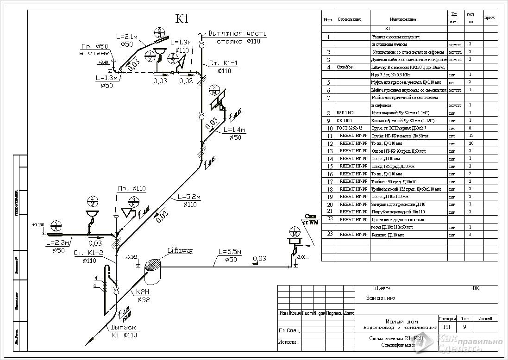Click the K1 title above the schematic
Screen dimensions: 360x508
pyautogui.click(x=182, y=19)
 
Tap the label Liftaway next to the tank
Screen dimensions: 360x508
pyautogui.click(x=180, y=251)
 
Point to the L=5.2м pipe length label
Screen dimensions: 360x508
pyautogui.click(x=189, y=197)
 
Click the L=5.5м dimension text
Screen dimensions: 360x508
pyautogui.click(x=230, y=252)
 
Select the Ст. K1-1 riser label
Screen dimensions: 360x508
pyautogui.click(x=223, y=63)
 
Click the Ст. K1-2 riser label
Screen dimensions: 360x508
pyautogui.click(x=88, y=253)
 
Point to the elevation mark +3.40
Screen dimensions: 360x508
pyautogui.click(x=103, y=62)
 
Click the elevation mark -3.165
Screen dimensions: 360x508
pyautogui.click(x=132, y=257)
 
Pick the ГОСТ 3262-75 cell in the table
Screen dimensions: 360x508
pyautogui.click(x=348, y=128)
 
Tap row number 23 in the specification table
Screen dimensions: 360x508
pyautogui.click(x=329, y=234)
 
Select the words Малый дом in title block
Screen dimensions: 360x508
pyautogui.click(x=401, y=322)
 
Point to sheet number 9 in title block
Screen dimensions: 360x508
pyautogui.click(x=464, y=327)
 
